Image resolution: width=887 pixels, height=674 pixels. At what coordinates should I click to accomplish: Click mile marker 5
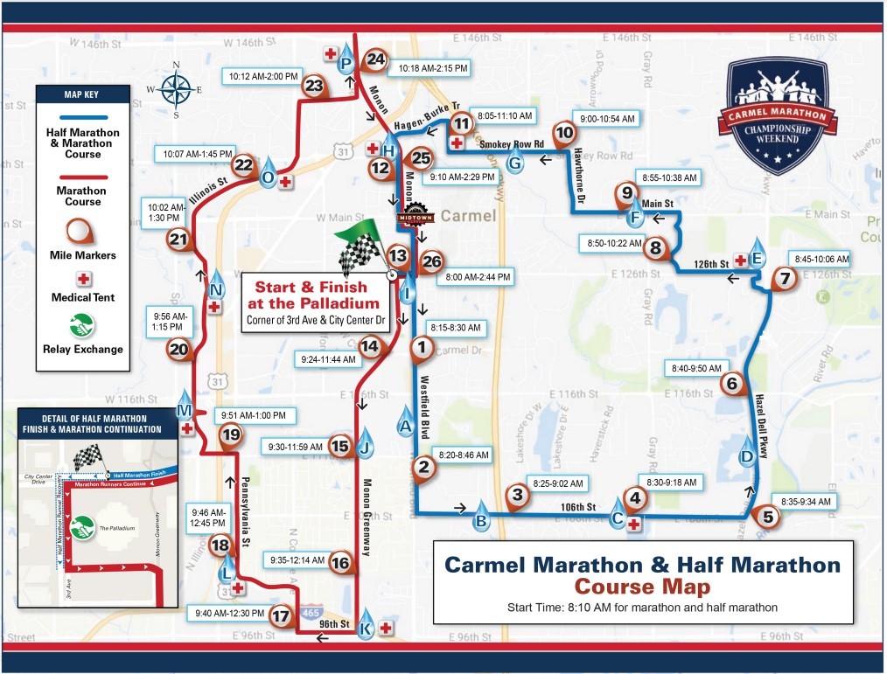click(x=768, y=516)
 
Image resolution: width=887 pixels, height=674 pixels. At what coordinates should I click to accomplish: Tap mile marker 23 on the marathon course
click(x=313, y=86)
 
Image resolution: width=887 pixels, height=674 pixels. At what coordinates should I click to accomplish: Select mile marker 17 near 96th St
click(x=280, y=615)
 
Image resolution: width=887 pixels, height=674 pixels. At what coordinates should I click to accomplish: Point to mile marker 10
click(x=565, y=133)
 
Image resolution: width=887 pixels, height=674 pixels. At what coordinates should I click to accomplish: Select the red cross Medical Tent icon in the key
click(x=83, y=279)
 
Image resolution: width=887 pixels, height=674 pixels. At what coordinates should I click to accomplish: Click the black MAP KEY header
click(x=83, y=94)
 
